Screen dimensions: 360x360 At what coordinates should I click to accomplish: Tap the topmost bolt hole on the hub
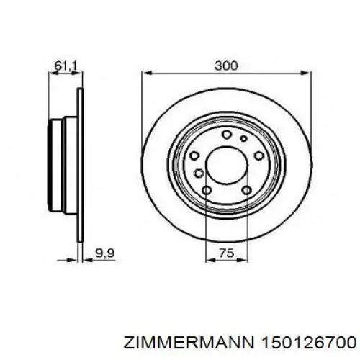pos(226,135)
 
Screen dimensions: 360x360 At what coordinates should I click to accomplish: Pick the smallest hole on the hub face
pos(243,138)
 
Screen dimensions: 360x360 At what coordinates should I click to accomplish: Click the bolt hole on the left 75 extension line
pos(206,190)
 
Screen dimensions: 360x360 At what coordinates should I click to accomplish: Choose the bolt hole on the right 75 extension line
pos(246,190)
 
